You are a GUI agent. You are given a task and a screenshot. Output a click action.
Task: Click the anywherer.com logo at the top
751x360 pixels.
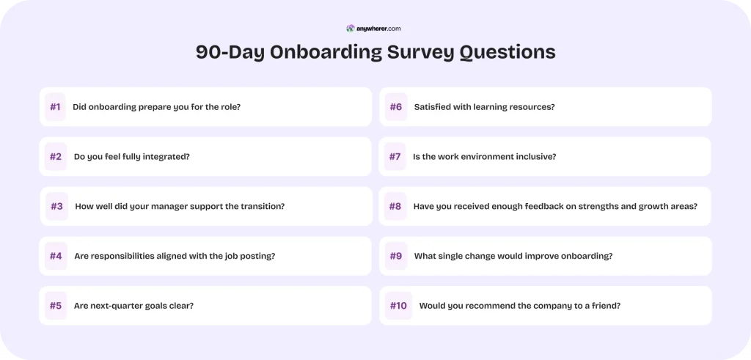point(374,29)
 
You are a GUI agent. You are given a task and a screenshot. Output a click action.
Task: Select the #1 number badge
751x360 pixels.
point(55,107)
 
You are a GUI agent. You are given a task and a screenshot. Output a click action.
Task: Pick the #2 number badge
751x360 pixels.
point(56,157)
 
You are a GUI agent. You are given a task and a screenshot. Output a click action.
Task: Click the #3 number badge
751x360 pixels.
point(56,207)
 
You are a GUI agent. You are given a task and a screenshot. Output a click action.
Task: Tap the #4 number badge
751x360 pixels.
point(56,257)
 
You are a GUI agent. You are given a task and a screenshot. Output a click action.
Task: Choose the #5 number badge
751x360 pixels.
point(56,306)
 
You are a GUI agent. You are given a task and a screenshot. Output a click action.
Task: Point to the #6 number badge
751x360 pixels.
point(396,107)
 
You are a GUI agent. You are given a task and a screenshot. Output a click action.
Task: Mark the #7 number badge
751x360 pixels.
point(395,157)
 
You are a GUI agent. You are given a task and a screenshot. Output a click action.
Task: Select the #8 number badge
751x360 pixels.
point(395,207)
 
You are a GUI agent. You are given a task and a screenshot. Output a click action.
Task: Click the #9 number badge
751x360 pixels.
point(396,257)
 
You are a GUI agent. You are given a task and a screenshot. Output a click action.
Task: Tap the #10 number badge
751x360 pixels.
point(398,306)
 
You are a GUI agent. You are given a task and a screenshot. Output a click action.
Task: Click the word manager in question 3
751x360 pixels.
point(179,207)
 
